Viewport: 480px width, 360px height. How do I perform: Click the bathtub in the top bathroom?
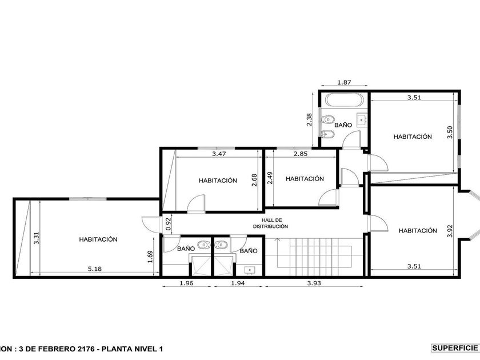[x=344, y=100]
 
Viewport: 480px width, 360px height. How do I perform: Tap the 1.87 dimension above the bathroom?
[x=344, y=82]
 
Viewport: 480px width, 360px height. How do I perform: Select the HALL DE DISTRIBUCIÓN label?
[x=270, y=223]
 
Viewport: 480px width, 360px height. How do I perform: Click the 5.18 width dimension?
[x=95, y=269]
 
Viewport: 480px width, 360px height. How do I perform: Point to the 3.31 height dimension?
[x=36, y=238]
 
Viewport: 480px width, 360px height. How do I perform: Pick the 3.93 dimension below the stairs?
[x=314, y=283]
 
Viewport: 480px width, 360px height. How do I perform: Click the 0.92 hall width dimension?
[x=168, y=224]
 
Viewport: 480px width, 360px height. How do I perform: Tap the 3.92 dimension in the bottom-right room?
[x=450, y=231]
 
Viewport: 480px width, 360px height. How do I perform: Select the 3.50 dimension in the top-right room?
[x=450, y=132]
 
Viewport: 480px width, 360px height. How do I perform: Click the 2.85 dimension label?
[x=301, y=154]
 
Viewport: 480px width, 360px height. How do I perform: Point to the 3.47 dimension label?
[x=219, y=154]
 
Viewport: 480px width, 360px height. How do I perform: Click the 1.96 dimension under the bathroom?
[x=186, y=283]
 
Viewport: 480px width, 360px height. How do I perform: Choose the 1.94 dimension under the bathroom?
[x=238, y=283]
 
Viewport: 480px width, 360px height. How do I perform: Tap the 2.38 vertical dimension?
[x=309, y=119]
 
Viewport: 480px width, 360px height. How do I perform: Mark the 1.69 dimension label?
[x=150, y=257]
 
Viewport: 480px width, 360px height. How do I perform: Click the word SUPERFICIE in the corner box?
[x=455, y=348]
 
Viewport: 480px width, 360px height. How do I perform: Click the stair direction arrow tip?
[x=277, y=238]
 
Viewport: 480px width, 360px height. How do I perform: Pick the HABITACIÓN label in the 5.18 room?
[x=98, y=239]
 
